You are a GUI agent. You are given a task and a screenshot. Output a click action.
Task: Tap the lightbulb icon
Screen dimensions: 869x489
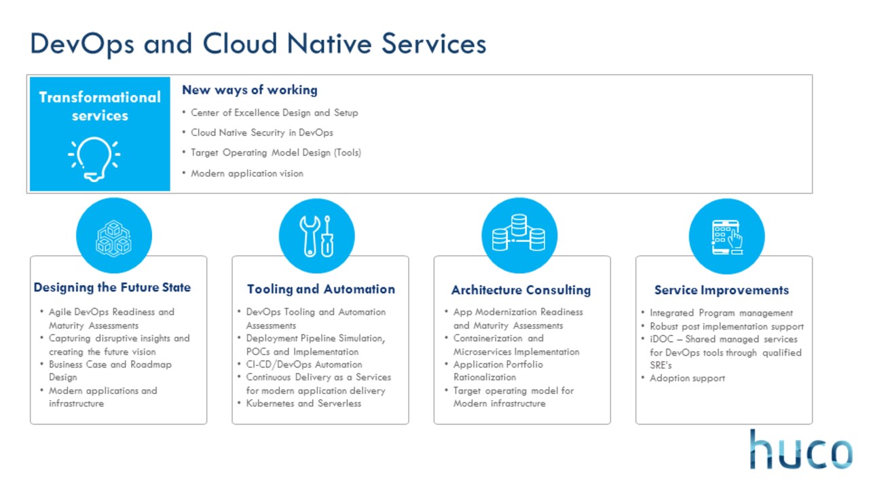coord(94,159)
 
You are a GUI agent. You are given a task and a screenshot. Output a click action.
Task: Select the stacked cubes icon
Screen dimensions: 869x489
coord(113,238)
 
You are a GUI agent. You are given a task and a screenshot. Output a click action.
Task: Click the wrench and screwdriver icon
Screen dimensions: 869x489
coord(316,236)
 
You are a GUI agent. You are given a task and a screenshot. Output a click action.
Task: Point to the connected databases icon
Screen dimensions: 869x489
coord(519,232)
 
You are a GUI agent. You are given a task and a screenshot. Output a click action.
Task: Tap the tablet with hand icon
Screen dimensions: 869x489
coord(727,237)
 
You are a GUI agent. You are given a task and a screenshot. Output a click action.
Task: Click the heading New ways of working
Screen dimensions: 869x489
coord(250,90)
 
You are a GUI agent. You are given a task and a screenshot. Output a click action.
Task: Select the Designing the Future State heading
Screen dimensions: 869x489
coord(112,287)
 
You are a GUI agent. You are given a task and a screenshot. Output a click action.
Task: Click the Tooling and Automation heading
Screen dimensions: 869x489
coord(321,289)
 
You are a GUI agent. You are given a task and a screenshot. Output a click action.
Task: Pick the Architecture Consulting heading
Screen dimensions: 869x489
coord(521,290)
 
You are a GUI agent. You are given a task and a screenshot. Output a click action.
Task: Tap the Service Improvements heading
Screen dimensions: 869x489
coord(722,290)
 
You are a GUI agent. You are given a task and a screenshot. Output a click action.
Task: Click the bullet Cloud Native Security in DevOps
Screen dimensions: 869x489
coord(262,132)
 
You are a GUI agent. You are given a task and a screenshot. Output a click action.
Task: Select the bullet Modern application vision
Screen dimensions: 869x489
coord(246,173)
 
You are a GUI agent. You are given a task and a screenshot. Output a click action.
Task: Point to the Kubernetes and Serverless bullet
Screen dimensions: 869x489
coord(303,403)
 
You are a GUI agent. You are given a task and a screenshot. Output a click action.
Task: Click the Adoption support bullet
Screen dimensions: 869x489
coord(687,378)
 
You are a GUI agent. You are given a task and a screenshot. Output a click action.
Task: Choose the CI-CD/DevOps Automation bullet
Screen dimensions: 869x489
coord(304,365)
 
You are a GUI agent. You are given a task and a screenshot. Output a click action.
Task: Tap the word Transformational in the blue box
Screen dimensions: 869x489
coord(100,97)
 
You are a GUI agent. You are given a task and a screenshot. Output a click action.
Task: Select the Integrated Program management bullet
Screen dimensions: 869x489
coord(721,313)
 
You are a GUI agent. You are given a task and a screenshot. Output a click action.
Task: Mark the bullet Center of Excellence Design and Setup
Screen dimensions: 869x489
coord(274,113)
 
